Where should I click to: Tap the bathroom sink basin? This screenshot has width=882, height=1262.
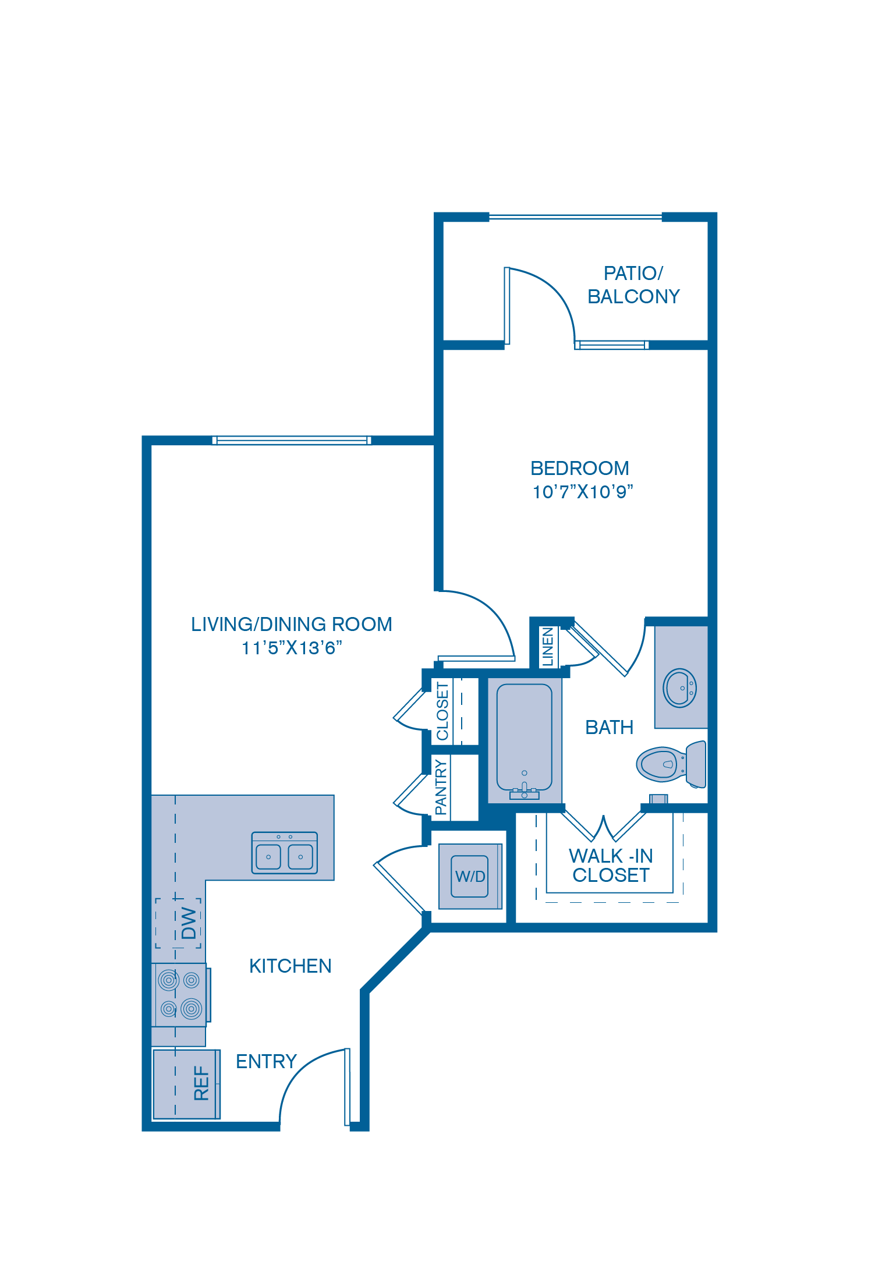coord(679,688)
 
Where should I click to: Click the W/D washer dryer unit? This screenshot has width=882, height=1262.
coord(470,876)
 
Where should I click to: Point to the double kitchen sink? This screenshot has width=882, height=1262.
coord(284,853)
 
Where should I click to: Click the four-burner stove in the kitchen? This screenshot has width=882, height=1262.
coord(180,995)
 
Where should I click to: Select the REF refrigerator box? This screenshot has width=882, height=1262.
coord(186,1084)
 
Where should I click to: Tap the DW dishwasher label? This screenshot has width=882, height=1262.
coord(189,923)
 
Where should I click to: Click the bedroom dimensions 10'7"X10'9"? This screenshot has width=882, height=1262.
coord(582,492)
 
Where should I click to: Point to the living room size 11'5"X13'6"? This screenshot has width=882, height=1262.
coord(292,648)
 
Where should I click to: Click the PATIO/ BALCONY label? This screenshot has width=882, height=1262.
coord(633,285)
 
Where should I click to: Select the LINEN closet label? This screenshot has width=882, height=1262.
coord(548,646)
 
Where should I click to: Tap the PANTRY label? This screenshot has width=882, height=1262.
coord(441,787)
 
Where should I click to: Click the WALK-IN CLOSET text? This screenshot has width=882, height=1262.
coord(611,866)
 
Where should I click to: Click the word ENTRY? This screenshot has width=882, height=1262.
coord(266,1062)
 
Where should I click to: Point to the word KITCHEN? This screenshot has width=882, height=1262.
coord(290,966)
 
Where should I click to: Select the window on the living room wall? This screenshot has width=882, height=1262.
coord(292,441)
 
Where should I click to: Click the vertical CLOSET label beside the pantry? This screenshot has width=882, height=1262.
coord(442,711)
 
